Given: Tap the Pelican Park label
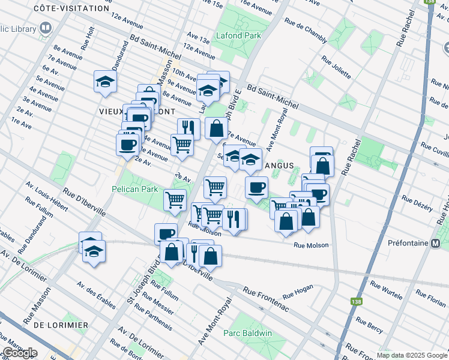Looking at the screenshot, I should click(x=134, y=189).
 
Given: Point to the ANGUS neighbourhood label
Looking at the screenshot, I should click(x=279, y=165).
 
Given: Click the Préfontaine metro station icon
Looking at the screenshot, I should click(x=436, y=244).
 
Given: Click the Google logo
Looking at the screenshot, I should click(x=19, y=353).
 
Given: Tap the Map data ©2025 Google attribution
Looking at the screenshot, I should click(x=411, y=355).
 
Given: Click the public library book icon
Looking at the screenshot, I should click(x=45, y=28).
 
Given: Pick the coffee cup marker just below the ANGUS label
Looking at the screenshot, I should click(x=256, y=187).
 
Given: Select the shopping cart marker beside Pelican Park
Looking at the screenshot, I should click(x=175, y=200).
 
